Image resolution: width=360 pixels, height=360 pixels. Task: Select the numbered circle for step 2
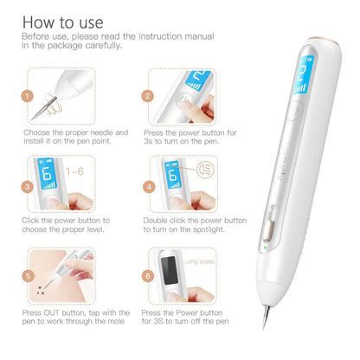click(x=148, y=97)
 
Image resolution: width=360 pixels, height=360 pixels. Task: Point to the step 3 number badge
click(x=27, y=185)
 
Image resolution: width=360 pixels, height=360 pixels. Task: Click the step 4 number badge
click(x=148, y=185)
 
